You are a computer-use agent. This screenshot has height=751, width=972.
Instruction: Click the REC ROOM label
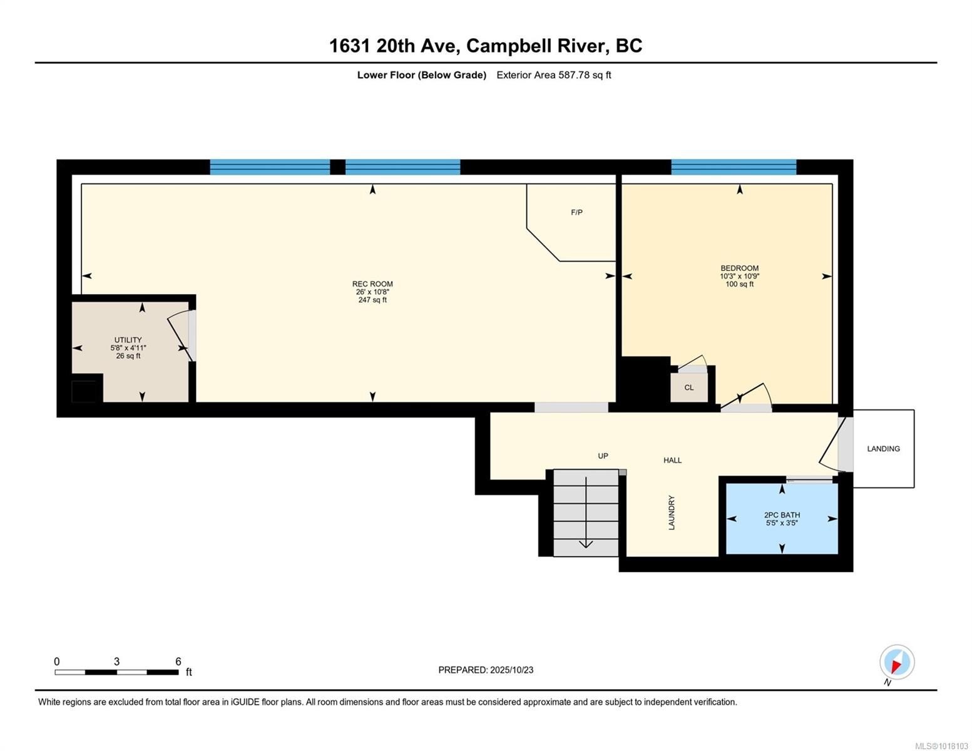point(372,284)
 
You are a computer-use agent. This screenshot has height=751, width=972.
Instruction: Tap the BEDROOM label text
point(739,268)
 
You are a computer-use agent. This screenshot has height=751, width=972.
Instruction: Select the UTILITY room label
point(128,340)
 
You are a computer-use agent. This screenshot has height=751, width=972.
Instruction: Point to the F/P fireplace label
point(576,213)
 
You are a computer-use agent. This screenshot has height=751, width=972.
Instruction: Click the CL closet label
point(688,388)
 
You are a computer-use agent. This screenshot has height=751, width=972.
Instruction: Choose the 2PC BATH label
point(782,515)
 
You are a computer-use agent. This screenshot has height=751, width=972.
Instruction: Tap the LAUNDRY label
point(672,513)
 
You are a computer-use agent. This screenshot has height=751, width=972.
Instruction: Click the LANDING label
point(883,449)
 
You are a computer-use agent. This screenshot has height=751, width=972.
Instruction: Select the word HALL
point(672,461)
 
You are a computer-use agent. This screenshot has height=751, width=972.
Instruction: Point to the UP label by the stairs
point(603,456)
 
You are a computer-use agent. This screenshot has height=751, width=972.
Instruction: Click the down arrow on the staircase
point(586,542)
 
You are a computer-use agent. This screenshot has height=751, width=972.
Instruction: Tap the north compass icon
point(896,663)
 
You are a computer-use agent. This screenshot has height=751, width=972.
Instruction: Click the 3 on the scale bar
point(116,662)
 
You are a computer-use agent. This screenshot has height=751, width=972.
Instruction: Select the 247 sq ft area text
point(372,300)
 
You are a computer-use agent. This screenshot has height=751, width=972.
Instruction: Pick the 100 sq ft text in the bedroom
point(739,285)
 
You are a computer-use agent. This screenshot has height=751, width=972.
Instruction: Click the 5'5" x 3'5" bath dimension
point(782,523)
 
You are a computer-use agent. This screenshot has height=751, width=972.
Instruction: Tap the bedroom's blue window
point(734,167)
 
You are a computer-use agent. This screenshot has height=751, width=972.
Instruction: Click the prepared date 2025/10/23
point(511,670)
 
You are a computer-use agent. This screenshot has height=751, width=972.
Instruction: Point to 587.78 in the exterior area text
point(574,75)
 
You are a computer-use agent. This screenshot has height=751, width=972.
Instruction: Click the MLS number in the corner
point(941,746)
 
